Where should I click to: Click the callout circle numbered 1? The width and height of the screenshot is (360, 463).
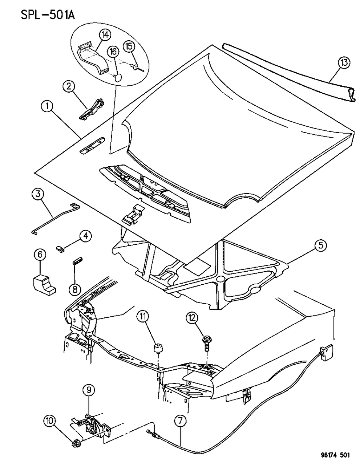click(x=47, y=107)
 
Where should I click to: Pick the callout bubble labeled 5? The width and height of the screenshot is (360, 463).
click(x=320, y=246)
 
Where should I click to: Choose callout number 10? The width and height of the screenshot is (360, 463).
click(x=50, y=422)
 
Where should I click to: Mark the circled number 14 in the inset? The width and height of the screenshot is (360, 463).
click(x=105, y=35)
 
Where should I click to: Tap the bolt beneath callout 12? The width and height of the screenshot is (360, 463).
click(x=206, y=343)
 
